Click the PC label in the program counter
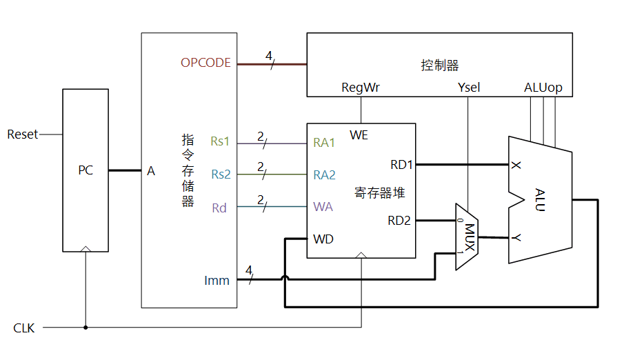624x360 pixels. pyautogui.click(x=85, y=170)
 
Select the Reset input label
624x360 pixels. pyautogui.click(x=23, y=134)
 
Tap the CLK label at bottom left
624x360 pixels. pyautogui.click(x=24, y=328)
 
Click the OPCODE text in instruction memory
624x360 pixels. pyautogui.click(x=205, y=63)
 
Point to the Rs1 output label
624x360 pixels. pyautogui.click(x=221, y=142)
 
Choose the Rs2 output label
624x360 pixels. pyautogui.click(x=221, y=174)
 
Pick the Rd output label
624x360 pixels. pyautogui.click(x=219, y=208)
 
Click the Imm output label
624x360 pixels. pyautogui.click(x=217, y=280)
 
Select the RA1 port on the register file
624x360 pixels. pyautogui.click(x=324, y=143)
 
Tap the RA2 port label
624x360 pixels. pyautogui.click(x=324, y=175)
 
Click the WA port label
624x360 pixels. pyautogui.click(x=323, y=207)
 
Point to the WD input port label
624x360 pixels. pyautogui.click(x=323, y=239)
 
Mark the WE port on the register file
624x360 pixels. pyautogui.click(x=359, y=135)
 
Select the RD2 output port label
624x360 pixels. pyautogui.click(x=399, y=221)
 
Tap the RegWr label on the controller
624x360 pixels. pyautogui.click(x=361, y=88)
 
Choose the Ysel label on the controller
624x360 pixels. pyautogui.click(x=469, y=88)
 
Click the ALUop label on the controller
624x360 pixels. pyautogui.click(x=543, y=88)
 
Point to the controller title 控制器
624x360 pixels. pyautogui.click(x=440, y=66)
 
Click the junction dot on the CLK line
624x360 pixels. pyautogui.click(x=85, y=328)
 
